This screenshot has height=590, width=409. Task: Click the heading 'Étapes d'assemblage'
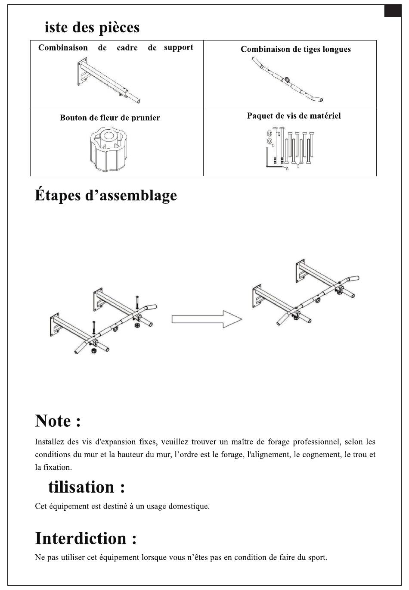pos(105,196)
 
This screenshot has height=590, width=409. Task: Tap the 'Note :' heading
pos(58,421)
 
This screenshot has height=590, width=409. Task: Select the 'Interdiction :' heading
pos(86,539)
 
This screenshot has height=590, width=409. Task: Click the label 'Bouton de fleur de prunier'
pos(110,118)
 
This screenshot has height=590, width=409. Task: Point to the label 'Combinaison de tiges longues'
pos(295,49)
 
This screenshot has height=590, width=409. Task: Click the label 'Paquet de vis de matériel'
pos(294,116)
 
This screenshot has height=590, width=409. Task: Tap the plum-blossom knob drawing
pos(109,149)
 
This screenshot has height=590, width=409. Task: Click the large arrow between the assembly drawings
pos(207,319)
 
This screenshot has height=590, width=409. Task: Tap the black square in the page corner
pos(392,11)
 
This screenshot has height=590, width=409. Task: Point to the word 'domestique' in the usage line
pos(189,506)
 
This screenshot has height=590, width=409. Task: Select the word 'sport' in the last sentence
pos(317,557)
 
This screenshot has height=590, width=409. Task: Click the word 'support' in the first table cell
pos(178,47)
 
